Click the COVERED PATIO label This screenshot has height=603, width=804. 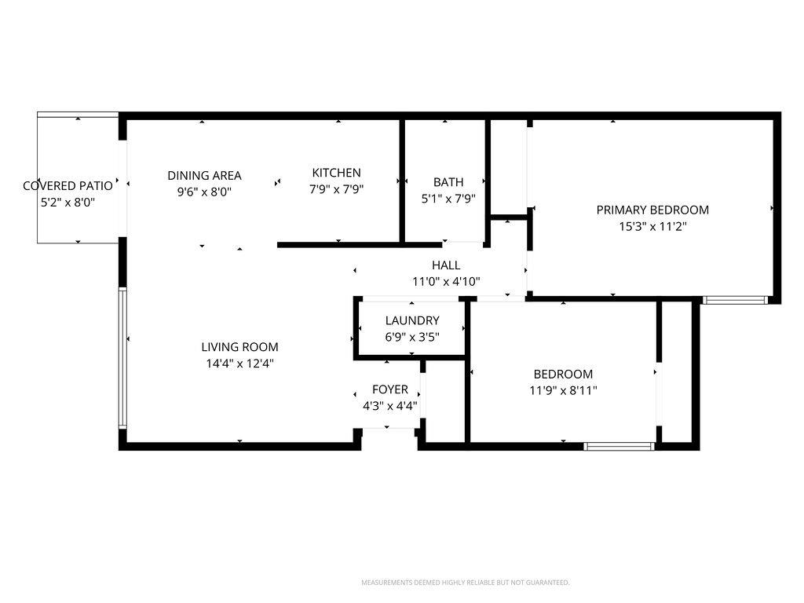pos(68,186)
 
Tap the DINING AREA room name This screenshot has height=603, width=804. pos(204,175)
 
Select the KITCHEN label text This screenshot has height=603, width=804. pos(336,173)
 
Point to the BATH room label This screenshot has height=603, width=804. pos(448,182)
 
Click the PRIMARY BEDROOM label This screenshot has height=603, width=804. pos(652,210)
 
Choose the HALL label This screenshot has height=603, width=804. pos(446,265)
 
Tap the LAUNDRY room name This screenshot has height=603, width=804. pos(412,320)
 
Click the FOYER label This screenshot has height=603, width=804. pos(390,389)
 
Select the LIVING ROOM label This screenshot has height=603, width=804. pos(239,347)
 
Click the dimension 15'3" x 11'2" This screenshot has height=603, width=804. pos(652,227)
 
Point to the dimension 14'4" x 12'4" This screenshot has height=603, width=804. pos(239,364)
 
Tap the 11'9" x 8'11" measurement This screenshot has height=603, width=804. pos(563,390)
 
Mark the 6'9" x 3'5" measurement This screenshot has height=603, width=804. pos(412,337)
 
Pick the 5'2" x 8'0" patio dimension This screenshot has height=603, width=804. pos(68,203)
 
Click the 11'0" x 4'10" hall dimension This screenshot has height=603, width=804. pos(446,282)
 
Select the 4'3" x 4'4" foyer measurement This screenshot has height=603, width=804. pos(390,406)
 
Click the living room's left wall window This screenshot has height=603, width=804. pos(122,358)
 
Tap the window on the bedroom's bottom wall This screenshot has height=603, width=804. pos(619,446)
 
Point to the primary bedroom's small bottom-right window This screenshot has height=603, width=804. pos(734,300)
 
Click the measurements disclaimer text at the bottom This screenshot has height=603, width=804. pos(465,583)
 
